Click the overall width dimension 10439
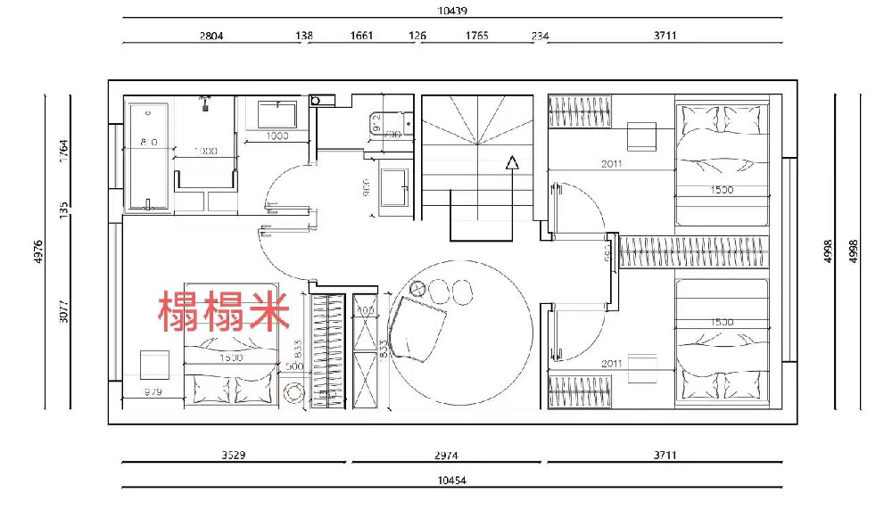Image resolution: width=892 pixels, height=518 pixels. [x=453, y=11]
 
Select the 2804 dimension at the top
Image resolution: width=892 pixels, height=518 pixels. [x=211, y=37]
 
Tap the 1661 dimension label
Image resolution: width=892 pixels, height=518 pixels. [x=361, y=37]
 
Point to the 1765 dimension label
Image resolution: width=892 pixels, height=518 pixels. [x=477, y=37]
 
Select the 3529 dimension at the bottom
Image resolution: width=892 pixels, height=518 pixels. [x=233, y=455]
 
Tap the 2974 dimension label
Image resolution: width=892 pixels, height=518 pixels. [x=446, y=455]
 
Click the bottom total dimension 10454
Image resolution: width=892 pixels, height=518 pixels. [x=452, y=480]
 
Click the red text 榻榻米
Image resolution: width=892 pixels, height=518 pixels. [x=224, y=310]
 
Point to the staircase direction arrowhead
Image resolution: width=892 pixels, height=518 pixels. [x=512, y=162]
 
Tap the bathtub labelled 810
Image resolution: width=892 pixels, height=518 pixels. [x=148, y=156]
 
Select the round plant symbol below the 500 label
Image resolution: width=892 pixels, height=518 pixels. [x=293, y=393]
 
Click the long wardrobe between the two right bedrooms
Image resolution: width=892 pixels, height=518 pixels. [x=694, y=251]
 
